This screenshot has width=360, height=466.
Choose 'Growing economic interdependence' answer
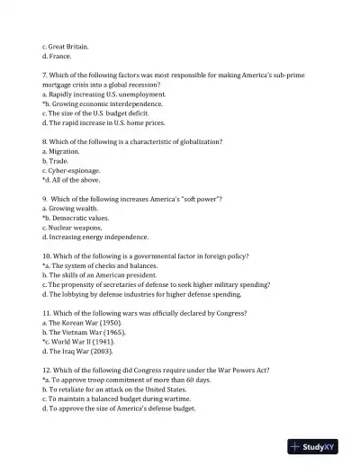pyautogui.click(x=105, y=103)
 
